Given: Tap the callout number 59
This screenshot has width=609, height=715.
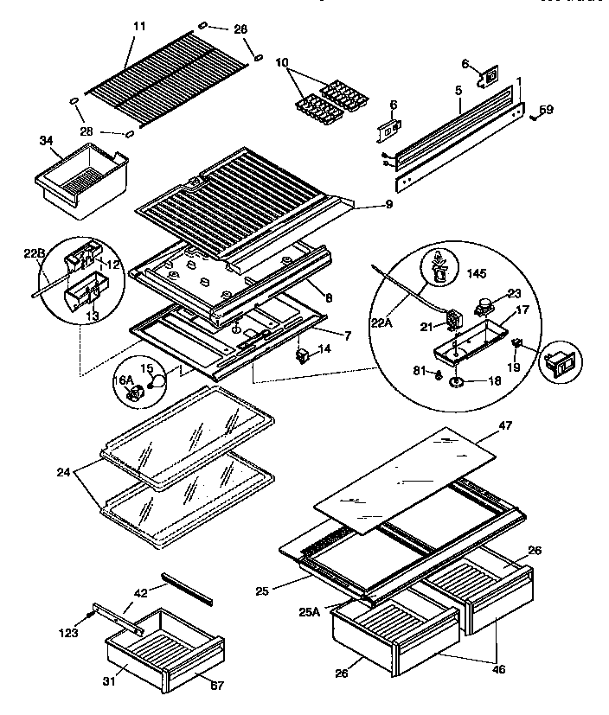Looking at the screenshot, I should click(x=546, y=110).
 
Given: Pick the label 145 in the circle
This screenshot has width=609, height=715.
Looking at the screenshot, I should click(x=476, y=274).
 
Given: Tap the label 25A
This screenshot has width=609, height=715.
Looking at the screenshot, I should click(x=310, y=611).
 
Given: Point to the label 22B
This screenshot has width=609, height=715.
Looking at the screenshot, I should click(x=34, y=252).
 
